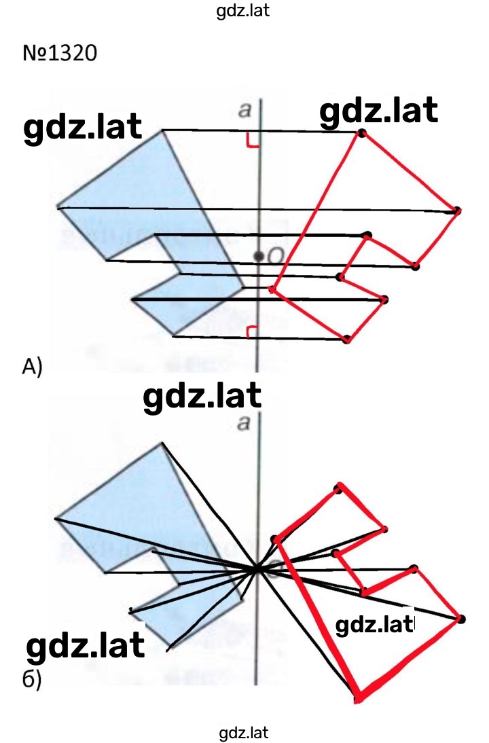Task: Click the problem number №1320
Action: coord(60,52)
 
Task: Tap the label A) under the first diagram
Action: coord(32,367)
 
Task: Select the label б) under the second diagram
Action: coord(32,680)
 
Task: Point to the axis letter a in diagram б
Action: coord(244,423)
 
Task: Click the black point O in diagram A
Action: coord(258,256)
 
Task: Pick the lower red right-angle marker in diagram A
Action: coord(253,332)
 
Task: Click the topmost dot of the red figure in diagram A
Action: coord(362,133)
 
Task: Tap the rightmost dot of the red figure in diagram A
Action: coord(456,211)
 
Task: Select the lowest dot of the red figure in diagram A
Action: coord(347,339)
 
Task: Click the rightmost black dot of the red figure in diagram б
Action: coord(461,619)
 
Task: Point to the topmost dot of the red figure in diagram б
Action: coord(338,488)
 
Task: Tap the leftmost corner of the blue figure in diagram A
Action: coord(57,208)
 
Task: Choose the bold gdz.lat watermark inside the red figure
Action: coord(375,626)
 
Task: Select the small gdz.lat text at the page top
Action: coord(243,10)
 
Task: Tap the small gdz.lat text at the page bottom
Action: coord(244,733)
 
